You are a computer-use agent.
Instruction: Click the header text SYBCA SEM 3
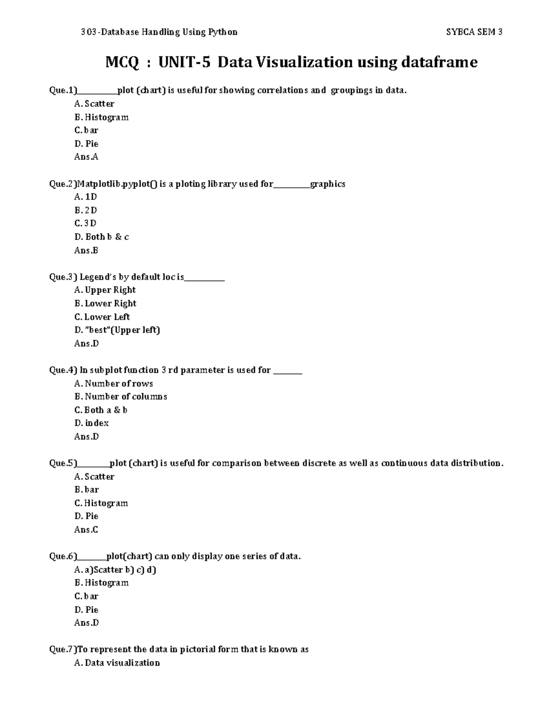pos(474,32)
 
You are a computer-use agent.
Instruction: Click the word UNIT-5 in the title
pos(184,62)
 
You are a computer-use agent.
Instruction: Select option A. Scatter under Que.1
pos(94,104)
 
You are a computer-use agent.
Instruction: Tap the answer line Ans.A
pos(86,157)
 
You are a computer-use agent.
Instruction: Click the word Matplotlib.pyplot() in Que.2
pos(117,184)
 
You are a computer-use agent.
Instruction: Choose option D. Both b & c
pos(102,237)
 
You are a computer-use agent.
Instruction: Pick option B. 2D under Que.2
pos(86,211)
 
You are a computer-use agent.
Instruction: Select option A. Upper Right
pos(105,290)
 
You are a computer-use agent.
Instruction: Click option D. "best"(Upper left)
pos(117,330)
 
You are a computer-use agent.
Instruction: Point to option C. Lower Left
pos(102,317)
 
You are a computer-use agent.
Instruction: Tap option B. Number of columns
pos(121,397)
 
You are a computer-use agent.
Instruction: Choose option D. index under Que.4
pos(91,423)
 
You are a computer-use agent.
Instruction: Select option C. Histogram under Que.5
pos(101,503)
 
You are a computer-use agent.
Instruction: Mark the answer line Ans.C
pos(86,530)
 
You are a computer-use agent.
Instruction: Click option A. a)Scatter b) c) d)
pos(115,570)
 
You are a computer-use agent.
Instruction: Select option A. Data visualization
pos(117,663)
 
